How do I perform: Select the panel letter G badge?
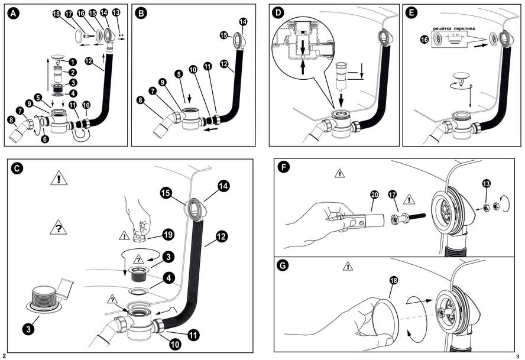284,266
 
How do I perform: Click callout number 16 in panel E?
423,39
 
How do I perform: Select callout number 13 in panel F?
485,183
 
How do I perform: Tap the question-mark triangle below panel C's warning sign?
58,227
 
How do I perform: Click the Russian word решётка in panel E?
445,28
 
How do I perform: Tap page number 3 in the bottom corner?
517,356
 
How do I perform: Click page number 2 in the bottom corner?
5,356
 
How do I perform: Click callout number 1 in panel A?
72,61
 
